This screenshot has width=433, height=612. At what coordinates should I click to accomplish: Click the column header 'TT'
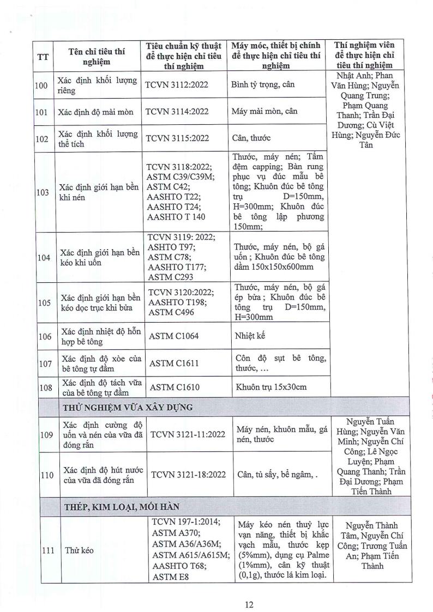click(x=42, y=57)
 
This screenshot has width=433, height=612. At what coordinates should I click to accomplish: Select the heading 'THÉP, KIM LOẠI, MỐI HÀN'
click(x=121, y=507)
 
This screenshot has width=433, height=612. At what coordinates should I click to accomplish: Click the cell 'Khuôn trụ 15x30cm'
click(x=271, y=387)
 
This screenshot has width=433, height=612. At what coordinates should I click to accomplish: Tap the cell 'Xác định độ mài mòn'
click(x=97, y=112)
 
